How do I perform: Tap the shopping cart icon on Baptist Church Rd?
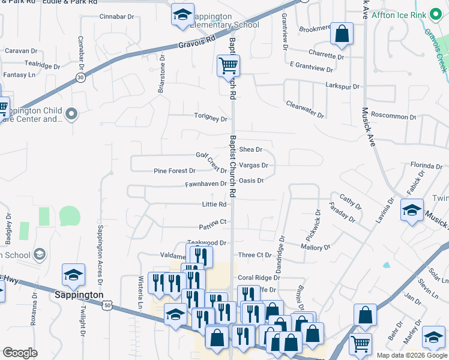click(x=228, y=65)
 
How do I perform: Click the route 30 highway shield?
click(x=80, y=77)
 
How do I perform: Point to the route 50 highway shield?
click(x=106, y=305)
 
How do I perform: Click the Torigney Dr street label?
click(x=210, y=118)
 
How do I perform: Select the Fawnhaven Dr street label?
click(x=205, y=184)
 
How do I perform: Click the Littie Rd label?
click(x=214, y=205)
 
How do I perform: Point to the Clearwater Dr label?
click(x=305, y=109)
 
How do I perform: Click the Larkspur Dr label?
click(x=342, y=86)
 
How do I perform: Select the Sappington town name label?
click(x=79, y=295)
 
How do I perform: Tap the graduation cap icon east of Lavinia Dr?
click(x=412, y=211)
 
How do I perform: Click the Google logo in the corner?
click(x=20, y=353)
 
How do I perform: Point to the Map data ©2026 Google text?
click(x=411, y=355)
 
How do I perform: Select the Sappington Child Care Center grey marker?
click(x=72, y=113)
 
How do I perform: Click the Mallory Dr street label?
click(x=315, y=247)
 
